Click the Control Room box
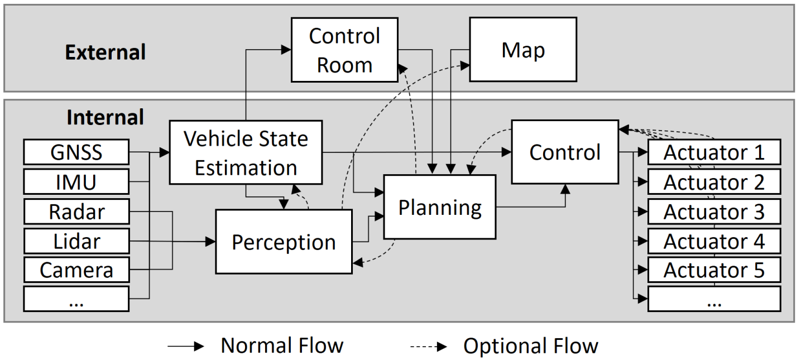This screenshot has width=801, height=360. pyautogui.click(x=344, y=50)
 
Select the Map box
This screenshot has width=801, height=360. pyautogui.click(x=522, y=50)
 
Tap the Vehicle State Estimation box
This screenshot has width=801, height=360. pyautogui.click(x=246, y=152)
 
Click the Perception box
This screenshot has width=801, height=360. pyautogui.click(x=284, y=242)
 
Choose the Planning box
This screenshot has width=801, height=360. pyautogui.click(x=439, y=208)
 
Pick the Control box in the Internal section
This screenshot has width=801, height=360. pyautogui.click(x=564, y=152)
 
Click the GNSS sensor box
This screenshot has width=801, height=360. pyautogui.click(x=76, y=152)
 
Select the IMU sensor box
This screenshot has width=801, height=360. pyautogui.click(x=76, y=182)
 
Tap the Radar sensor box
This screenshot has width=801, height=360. pyautogui.click(x=76, y=212)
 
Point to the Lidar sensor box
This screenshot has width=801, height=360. pyautogui.click(x=76, y=241)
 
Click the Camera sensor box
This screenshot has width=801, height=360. pyautogui.click(x=76, y=270)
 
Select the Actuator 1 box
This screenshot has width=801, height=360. pyautogui.click(x=713, y=152)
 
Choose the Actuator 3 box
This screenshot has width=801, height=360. pyautogui.click(x=713, y=212)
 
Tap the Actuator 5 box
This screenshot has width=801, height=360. pyautogui.click(x=713, y=270)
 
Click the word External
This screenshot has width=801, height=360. pyautogui.click(x=105, y=52)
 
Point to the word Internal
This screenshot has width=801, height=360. pyautogui.click(x=105, y=117)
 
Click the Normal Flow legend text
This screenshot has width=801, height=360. pyautogui.click(x=282, y=346)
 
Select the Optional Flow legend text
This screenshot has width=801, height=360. pyautogui.click(x=530, y=346)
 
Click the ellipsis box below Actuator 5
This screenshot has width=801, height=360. pyautogui.click(x=713, y=300)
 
